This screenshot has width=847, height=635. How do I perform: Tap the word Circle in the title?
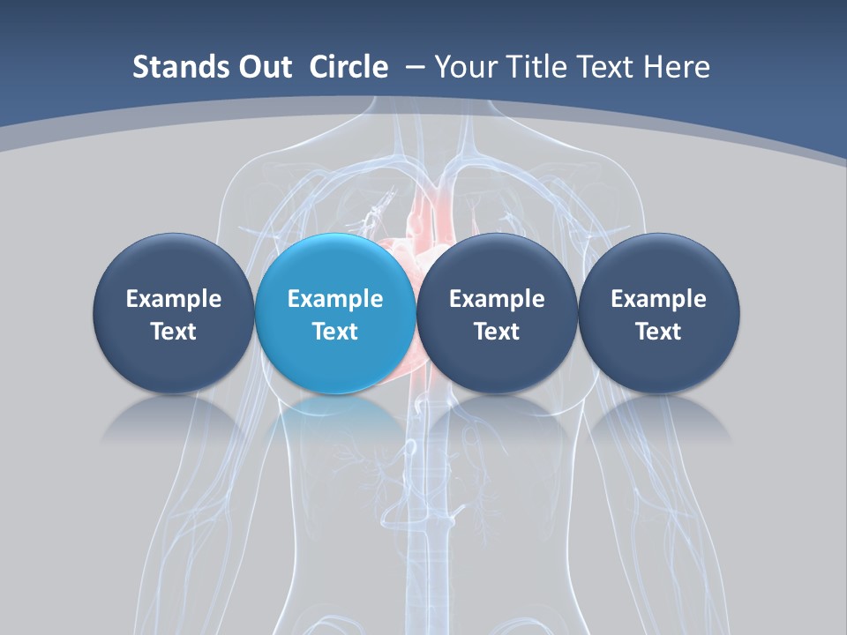[x=349, y=67]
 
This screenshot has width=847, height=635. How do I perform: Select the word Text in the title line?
[x=609, y=67]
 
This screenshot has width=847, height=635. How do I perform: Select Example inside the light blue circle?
[x=334, y=299]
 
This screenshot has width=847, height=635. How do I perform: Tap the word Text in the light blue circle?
[x=334, y=332]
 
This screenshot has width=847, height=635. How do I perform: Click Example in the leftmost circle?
[x=173, y=299]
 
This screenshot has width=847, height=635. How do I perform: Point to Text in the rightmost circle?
[x=658, y=332]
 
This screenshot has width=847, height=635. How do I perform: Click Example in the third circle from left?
[x=497, y=299]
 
